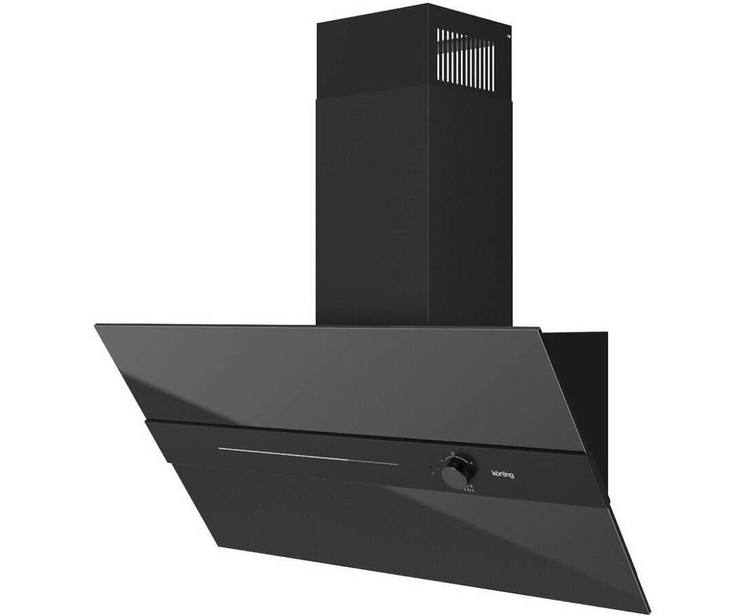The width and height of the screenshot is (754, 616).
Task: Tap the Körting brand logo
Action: pos(502,474)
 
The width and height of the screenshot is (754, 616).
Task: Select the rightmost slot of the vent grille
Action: pos(493,66)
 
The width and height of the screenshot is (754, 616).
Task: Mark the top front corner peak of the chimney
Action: pos(427,3)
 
